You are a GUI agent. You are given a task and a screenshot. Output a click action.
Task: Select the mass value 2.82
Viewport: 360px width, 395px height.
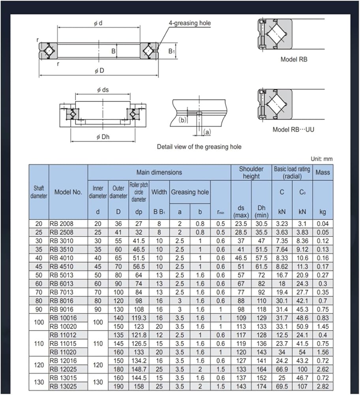[x=322, y=386]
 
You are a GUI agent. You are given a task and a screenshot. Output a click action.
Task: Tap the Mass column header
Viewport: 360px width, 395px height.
[x=322, y=172]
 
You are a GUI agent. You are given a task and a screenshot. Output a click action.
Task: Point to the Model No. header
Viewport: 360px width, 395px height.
[x=68, y=192]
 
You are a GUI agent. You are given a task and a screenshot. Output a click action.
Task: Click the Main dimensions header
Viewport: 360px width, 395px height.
[x=159, y=172]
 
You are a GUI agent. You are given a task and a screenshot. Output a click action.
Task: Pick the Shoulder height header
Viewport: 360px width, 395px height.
[x=251, y=172]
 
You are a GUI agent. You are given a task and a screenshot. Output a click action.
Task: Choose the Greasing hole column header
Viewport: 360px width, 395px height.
[x=190, y=192]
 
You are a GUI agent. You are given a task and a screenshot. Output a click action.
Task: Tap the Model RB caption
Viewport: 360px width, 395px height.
[x=294, y=60]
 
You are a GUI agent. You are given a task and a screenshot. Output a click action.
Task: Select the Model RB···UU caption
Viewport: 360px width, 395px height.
[x=294, y=130]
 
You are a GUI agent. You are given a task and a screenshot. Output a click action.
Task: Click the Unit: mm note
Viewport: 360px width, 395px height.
[x=321, y=159]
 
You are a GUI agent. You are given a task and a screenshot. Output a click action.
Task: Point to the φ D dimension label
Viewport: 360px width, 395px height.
[x=99, y=70]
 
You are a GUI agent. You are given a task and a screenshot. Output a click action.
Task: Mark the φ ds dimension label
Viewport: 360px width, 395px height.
[x=103, y=90]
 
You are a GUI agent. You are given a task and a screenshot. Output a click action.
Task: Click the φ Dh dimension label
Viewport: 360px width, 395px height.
[x=103, y=137]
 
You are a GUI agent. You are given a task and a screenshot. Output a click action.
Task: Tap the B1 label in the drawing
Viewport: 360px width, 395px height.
[x=171, y=51]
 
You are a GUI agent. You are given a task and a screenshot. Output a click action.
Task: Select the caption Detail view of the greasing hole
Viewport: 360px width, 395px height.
[x=199, y=147]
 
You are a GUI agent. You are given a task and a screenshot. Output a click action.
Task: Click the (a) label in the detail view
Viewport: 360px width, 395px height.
[x=207, y=132]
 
